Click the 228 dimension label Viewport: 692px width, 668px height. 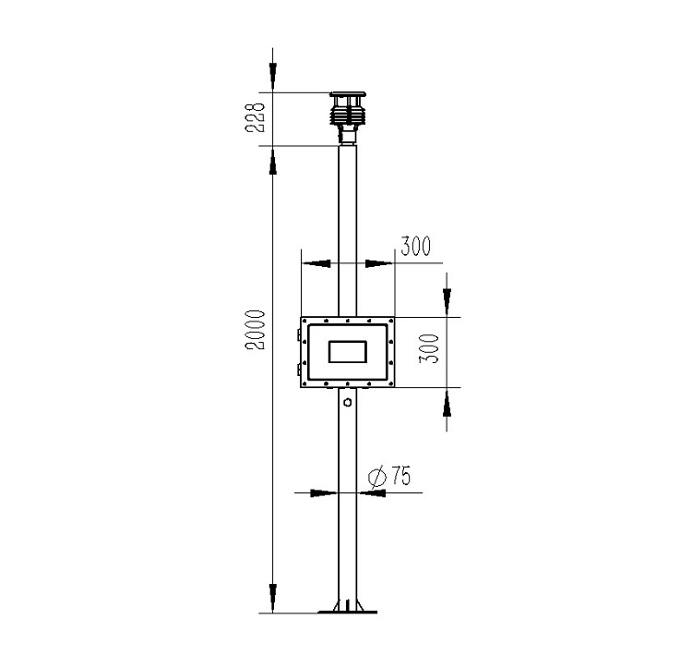pyautogui.click(x=255, y=117)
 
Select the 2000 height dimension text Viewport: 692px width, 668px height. pyautogui.click(x=255, y=330)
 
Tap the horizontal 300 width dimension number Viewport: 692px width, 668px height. pyautogui.click(x=415, y=246)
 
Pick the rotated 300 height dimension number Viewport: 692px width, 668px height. pyautogui.click(x=429, y=348)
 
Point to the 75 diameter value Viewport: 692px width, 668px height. pyautogui.click(x=400, y=476)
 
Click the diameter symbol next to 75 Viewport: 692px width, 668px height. pyautogui.click(x=376, y=477)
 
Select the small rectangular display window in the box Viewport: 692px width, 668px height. pyautogui.click(x=348, y=352)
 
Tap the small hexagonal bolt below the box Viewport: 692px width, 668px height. pyautogui.click(x=348, y=402)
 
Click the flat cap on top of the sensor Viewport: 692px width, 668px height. pyautogui.click(x=348, y=94)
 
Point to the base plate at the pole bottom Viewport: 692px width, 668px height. pyautogui.click(x=347, y=612)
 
